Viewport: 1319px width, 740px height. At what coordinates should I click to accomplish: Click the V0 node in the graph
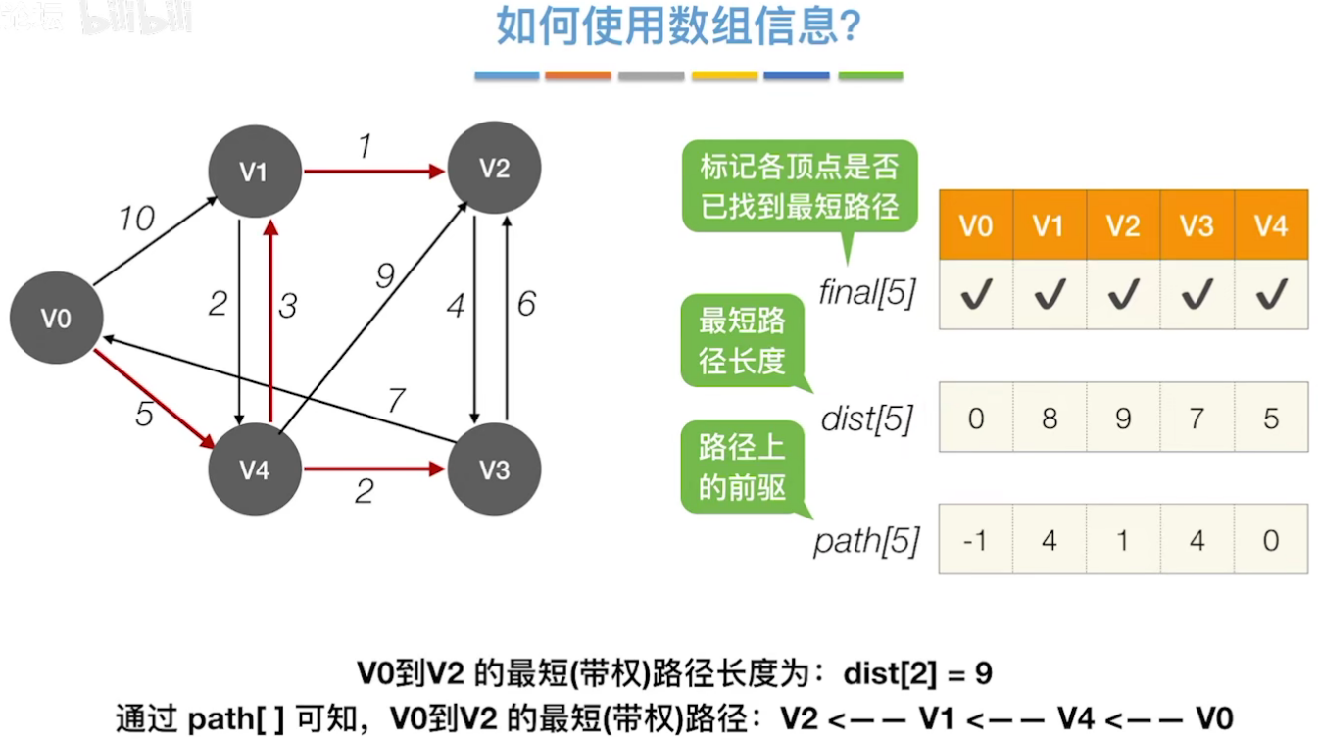[x=56, y=318]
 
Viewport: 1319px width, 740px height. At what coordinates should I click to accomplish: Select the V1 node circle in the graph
[x=254, y=172]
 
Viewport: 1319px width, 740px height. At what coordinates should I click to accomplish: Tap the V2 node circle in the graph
[x=494, y=169]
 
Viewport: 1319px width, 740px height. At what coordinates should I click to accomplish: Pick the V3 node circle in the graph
[x=494, y=469]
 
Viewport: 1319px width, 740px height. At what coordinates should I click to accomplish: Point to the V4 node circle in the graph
[x=254, y=469]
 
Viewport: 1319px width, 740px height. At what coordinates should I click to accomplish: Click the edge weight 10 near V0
[x=137, y=218]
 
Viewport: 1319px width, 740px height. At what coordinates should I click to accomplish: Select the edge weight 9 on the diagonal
[x=385, y=276]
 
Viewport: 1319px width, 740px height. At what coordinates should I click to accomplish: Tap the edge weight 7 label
[x=396, y=400]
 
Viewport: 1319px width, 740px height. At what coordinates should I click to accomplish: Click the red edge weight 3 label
[x=287, y=306]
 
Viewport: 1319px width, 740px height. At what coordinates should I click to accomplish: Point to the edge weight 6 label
[x=526, y=304]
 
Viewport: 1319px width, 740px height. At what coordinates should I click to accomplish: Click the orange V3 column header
[x=1197, y=225]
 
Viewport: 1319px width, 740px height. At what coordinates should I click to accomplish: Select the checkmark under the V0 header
[x=975, y=294]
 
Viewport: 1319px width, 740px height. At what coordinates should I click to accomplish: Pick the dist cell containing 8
[x=1049, y=419]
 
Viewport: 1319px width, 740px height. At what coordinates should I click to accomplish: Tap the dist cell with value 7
[x=1197, y=419]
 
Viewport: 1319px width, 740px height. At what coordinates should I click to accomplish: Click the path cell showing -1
[x=975, y=540]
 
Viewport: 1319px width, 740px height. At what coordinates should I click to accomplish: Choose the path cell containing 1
[x=1123, y=540]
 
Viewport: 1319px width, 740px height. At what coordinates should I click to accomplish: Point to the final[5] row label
[x=866, y=293]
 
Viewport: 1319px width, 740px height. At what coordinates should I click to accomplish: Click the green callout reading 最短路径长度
[x=742, y=340]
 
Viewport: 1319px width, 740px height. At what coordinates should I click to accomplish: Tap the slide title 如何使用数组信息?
[x=678, y=27]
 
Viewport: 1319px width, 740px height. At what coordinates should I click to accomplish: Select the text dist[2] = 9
[x=917, y=674]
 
